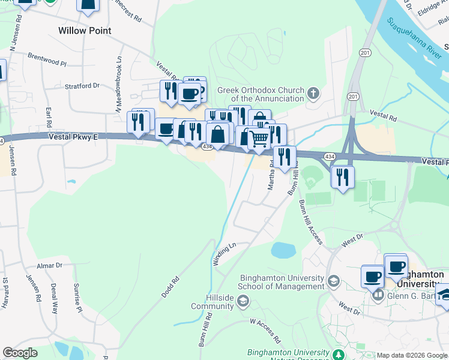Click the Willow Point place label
(x=85, y=29)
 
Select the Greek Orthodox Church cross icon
(x=313, y=94)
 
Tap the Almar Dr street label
(x=49, y=265)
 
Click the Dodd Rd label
(x=170, y=287)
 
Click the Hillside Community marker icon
(x=243, y=302)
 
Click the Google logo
(x=20, y=353)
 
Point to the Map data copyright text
(x=411, y=355)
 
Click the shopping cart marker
(x=259, y=139)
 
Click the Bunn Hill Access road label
(x=311, y=222)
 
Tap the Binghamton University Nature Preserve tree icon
(x=339, y=353)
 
